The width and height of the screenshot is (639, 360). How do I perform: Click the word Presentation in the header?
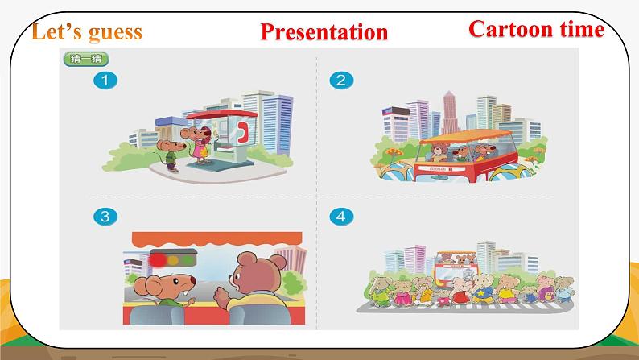coord(324,32)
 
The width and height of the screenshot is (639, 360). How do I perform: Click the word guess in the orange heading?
coord(112,32)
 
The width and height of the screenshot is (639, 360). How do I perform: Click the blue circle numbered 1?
coord(103,80)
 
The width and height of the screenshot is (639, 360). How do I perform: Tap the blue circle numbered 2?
coord(341,80)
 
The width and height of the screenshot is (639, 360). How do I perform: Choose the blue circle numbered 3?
coord(102,215)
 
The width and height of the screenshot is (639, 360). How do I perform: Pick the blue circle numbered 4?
coord(341,215)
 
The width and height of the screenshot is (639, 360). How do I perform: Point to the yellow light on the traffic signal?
coord(175,259)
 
